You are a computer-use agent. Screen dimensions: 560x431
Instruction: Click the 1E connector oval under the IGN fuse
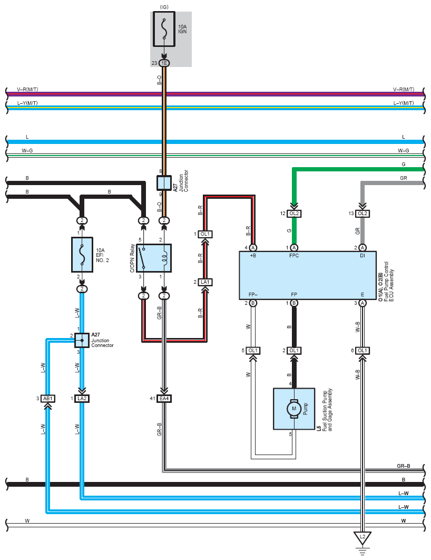(164, 63)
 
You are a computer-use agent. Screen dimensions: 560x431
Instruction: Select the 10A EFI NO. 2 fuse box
(82, 254)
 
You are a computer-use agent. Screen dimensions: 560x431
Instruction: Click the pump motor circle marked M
(294, 408)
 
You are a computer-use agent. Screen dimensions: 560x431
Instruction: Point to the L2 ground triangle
(362, 538)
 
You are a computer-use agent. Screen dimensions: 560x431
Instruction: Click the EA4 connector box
(164, 398)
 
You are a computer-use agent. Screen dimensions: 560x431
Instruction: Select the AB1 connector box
(47, 398)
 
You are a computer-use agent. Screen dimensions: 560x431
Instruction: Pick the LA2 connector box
(82, 398)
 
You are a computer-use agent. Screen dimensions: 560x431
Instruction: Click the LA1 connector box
(205, 282)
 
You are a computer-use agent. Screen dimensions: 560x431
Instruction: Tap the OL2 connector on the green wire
(294, 213)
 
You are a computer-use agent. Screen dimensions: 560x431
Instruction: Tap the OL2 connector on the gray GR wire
(362, 213)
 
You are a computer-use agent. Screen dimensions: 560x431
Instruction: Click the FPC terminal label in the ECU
(294, 256)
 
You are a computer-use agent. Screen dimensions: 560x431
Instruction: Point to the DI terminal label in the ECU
(362, 256)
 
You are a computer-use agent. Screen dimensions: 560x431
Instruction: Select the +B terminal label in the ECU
(252, 256)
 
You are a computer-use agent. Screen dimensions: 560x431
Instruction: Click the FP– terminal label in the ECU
(253, 294)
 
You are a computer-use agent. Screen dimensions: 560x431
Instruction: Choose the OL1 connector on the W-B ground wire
(362, 351)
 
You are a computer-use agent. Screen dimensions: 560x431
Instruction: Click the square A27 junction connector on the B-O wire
(164, 183)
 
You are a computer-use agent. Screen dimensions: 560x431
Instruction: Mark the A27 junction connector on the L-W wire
(82, 341)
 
